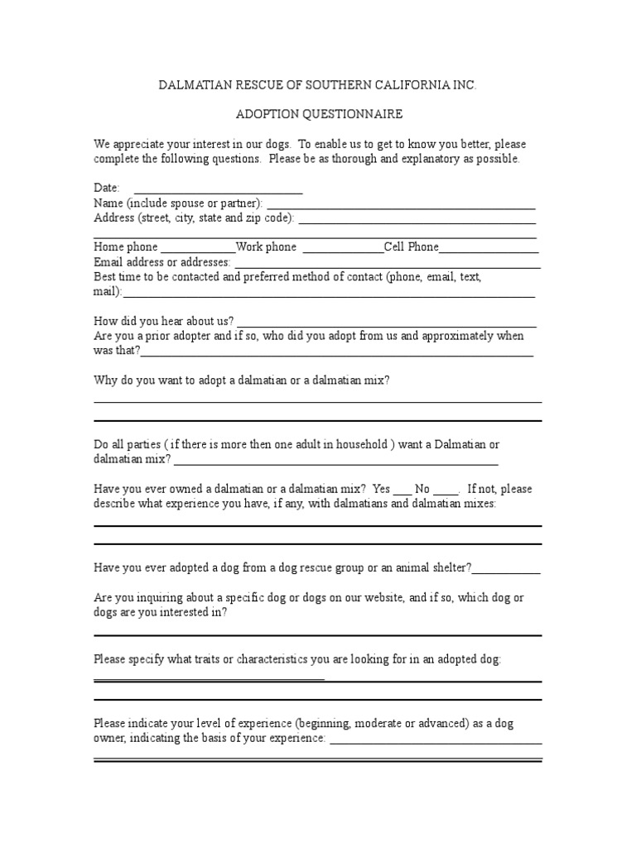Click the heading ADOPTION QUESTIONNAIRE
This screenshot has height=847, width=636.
click(x=317, y=113)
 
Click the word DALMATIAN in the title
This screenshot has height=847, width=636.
click(x=196, y=85)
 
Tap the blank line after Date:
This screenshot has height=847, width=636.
click(x=218, y=189)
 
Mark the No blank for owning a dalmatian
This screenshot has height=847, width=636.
click(x=446, y=490)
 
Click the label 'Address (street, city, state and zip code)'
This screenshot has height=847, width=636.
click(x=194, y=218)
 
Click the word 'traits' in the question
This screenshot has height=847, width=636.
click(x=202, y=659)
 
